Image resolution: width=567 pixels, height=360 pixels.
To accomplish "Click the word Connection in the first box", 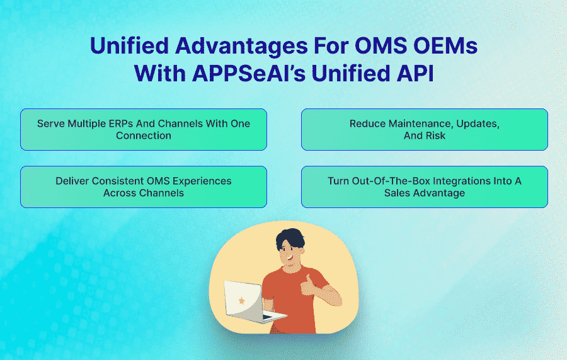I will point(144,136).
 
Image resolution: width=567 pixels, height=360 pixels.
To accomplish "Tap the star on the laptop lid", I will point(241,301).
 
